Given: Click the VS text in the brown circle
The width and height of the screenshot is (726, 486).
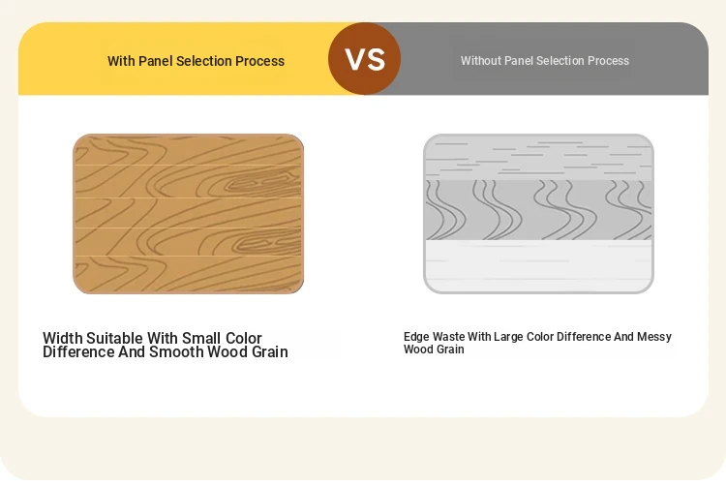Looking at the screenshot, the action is (365, 59).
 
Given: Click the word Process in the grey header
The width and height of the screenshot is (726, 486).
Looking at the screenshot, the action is (608, 61).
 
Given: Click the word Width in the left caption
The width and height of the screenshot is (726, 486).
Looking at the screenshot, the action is (63, 338).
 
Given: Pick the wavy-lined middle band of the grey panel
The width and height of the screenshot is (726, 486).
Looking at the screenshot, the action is (538, 210).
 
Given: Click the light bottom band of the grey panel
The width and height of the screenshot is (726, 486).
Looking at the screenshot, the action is (538, 265).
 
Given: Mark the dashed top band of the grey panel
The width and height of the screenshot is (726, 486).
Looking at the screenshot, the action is (538, 158).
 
